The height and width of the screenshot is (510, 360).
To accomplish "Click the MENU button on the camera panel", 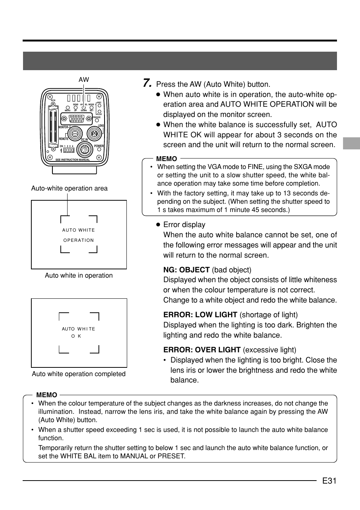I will pyautogui.click(x=68, y=107).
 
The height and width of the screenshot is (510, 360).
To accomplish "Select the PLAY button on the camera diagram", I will pyautogui.click(x=98, y=111).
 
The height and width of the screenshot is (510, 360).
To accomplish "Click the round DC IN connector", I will pyautogui.click(x=85, y=150).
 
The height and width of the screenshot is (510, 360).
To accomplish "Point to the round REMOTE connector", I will pyautogui.click(x=75, y=133).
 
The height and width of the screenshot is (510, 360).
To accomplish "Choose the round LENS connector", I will pyautogui.click(x=94, y=133).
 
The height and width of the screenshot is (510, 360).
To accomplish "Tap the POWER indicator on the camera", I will pyautogui.click(x=99, y=150).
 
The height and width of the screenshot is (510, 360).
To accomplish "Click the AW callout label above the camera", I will pyautogui.click(x=84, y=80).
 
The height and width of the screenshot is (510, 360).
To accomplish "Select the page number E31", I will pyautogui.click(x=329, y=481).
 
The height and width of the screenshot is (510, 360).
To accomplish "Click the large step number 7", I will pyautogui.click(x=147, y=83).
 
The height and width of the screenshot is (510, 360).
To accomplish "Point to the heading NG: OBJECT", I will pyautogui.click(x=186, y=270).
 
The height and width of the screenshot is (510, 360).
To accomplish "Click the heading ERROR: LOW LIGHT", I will pyautogui.click(x=200, y=315).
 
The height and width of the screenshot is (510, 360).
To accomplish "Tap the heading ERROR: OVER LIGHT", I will pyautogui.click(x=202, y=350).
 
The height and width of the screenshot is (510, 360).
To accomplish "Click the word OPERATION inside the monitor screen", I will pyautogui.click(x=78, y=240).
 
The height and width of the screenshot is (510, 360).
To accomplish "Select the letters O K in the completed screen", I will pyautogui.click(x=77, y=336).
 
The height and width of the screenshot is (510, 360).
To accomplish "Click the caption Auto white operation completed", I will pyautogui.click(x=78, y=374).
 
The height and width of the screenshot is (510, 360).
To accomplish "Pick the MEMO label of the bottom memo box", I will pyautogui.click(x=47, y=395).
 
